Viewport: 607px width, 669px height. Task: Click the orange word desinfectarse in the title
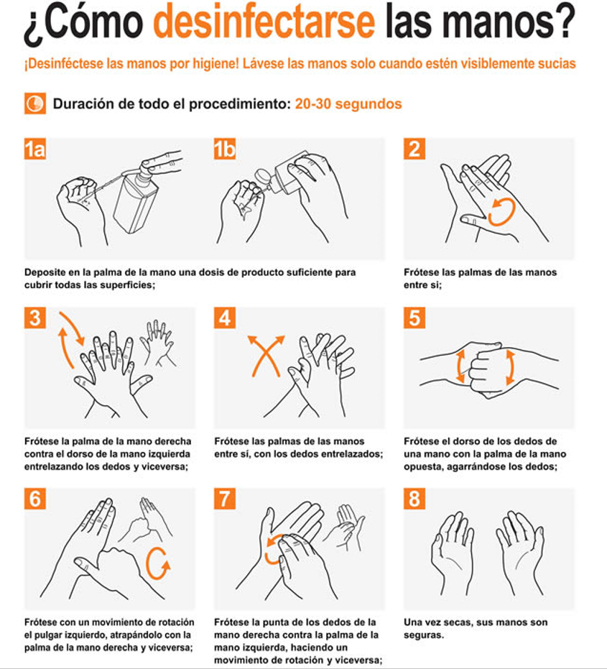click(264, 22)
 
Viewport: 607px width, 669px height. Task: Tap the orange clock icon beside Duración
click(35, 103)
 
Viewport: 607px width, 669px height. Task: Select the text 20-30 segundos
click(348, 103)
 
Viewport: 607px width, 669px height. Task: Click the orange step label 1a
click(35, 149)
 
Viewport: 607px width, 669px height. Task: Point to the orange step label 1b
click(225, 149)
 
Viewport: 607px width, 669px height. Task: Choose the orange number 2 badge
click(414, 149)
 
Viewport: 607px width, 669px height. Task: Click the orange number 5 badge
click(414, 318)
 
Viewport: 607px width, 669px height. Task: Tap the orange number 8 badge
click(414, 499)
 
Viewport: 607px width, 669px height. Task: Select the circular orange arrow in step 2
click(501, 212)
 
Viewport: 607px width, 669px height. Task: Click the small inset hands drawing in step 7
click(345, 527)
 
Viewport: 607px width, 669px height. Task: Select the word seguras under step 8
click(424, 635)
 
